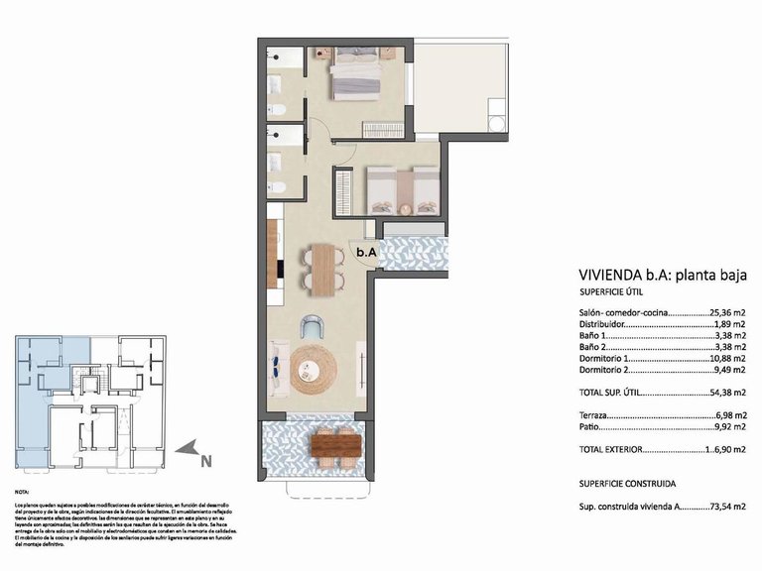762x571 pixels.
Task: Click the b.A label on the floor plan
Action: [x=366, y=253]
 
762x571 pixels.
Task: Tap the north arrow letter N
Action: [x=204, y=459]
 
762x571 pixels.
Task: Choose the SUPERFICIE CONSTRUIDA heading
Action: [x=628, y=484]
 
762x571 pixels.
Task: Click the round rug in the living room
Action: [x=314, y=368]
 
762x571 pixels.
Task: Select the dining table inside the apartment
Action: [x=322, y=270]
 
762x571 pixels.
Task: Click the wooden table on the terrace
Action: [x=333, y=445]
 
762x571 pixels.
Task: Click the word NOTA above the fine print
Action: [x=22, y=492]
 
